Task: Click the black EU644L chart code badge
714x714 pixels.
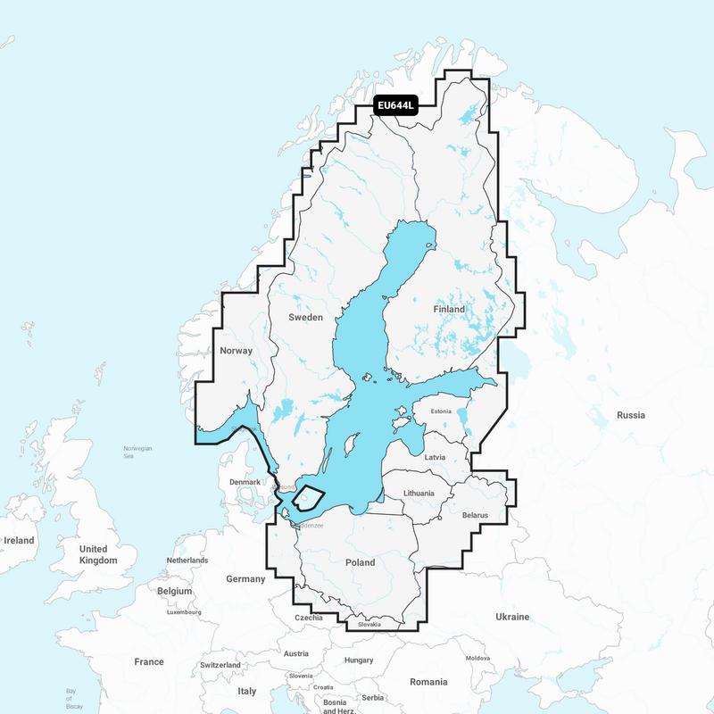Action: point(395,106)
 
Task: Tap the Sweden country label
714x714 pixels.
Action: point(305,317)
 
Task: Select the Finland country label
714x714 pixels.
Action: point(449,309)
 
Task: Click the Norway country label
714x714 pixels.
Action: point(236,351)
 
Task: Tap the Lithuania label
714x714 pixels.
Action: point(418,493)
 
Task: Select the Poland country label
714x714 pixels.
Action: point(360,563)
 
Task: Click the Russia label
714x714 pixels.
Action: point(630,415)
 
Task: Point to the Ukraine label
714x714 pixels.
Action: point(512,617)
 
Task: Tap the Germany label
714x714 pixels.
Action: point(245,579)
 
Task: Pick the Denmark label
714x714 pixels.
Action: point(245,482)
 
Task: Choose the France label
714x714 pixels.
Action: point(149,662)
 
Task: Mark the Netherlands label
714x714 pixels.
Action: point(187,560)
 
